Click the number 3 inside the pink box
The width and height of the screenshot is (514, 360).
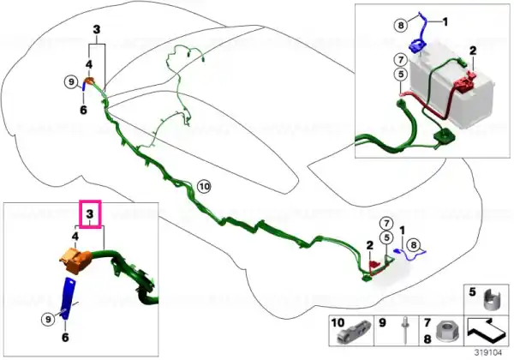pos(90,214)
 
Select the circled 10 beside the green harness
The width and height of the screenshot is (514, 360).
pos(204,187)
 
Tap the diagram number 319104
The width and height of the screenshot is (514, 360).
pos(488,353)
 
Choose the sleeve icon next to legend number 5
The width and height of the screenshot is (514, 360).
pos(493,300)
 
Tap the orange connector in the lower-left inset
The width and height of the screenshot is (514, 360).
pos(75,260)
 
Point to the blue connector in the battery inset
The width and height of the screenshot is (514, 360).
pos(416,45)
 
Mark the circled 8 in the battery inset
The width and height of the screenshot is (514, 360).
pos(401,25)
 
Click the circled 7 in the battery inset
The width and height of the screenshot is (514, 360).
pos(401,60)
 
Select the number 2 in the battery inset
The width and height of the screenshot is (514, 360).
pos(473,51)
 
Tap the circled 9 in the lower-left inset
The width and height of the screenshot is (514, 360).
pos(48,319)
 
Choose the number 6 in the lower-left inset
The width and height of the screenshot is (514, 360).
pos(65,338)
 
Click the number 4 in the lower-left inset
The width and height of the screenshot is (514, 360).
pos(75,236)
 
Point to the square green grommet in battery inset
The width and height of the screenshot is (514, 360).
pos(444,136)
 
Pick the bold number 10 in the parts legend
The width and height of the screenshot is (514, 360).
pos(338,322)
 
